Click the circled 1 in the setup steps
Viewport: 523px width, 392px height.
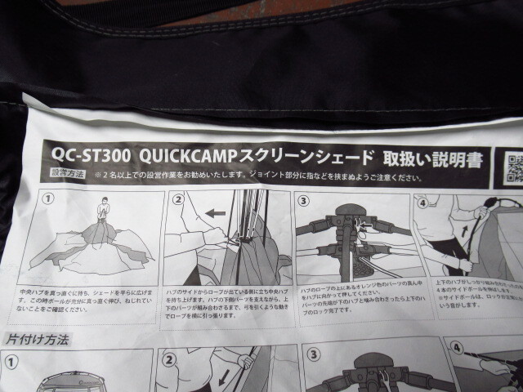(x=48, y=198)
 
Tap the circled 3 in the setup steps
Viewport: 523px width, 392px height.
(x=302, y=202)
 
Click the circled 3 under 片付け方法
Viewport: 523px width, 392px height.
(x=312, y=356)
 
